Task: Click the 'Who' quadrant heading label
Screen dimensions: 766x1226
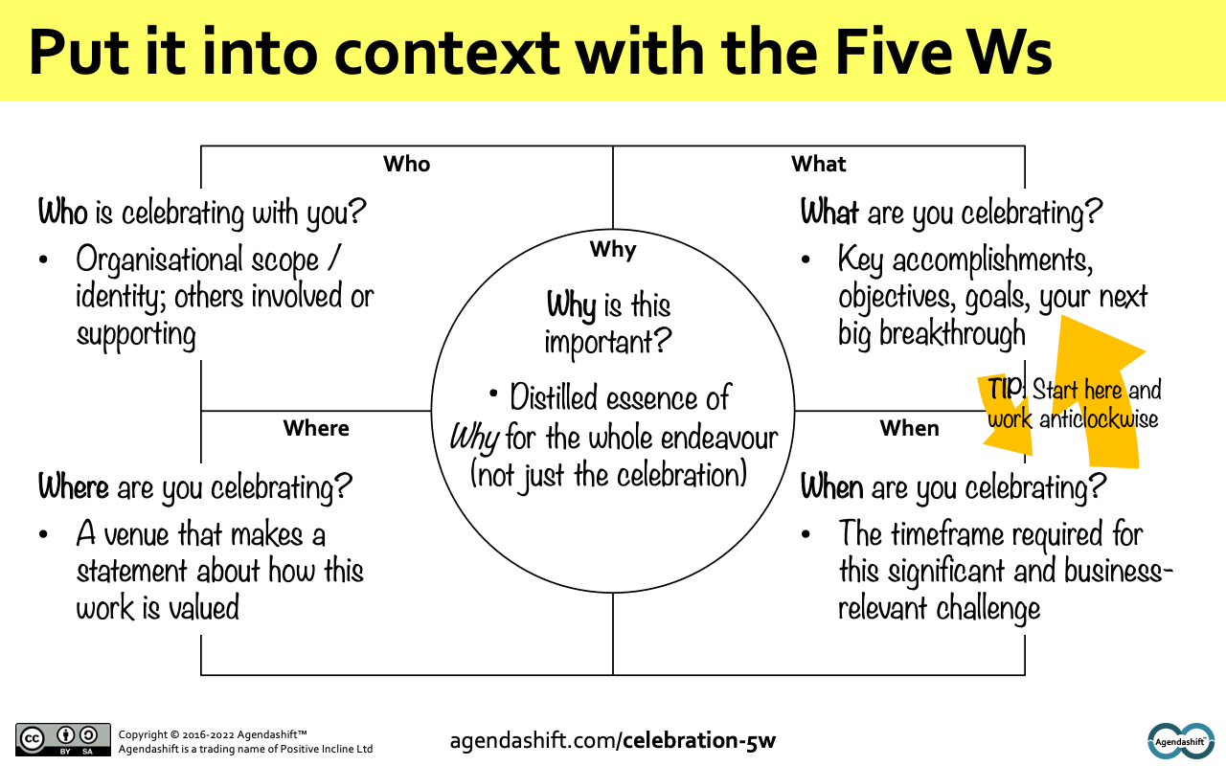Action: [406, 164]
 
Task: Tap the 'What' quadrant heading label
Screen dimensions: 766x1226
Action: [819, 164]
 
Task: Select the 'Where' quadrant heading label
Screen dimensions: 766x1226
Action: [316, 428]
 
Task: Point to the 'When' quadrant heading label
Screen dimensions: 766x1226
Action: [909, 428]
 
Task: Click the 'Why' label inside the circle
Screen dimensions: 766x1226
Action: [613, 250]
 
